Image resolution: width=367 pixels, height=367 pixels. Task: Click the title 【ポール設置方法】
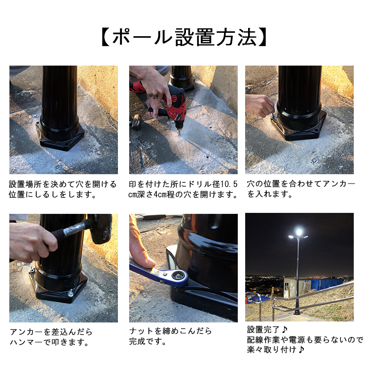coord(184,38)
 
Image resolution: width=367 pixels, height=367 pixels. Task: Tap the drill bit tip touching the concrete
coord(179,135)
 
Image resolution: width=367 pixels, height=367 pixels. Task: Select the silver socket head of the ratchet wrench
coord(179,275)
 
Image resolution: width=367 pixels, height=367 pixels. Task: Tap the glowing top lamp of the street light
coord(299,232)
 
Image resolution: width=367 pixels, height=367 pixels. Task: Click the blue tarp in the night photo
coord(326,284)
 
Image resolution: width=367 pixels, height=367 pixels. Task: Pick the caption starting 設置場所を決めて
coord(63,189)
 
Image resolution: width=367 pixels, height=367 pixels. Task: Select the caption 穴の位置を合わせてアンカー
coord(301,183)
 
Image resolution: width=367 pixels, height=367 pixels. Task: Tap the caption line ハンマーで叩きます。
coord(49,342)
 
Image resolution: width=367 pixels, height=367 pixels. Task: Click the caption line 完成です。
coord(148,341)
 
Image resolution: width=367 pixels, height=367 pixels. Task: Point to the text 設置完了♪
coord(267,329)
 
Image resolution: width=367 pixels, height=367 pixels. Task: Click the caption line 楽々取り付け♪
coord(275,350)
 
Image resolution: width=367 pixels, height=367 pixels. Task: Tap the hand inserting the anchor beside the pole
coord(260,105)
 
